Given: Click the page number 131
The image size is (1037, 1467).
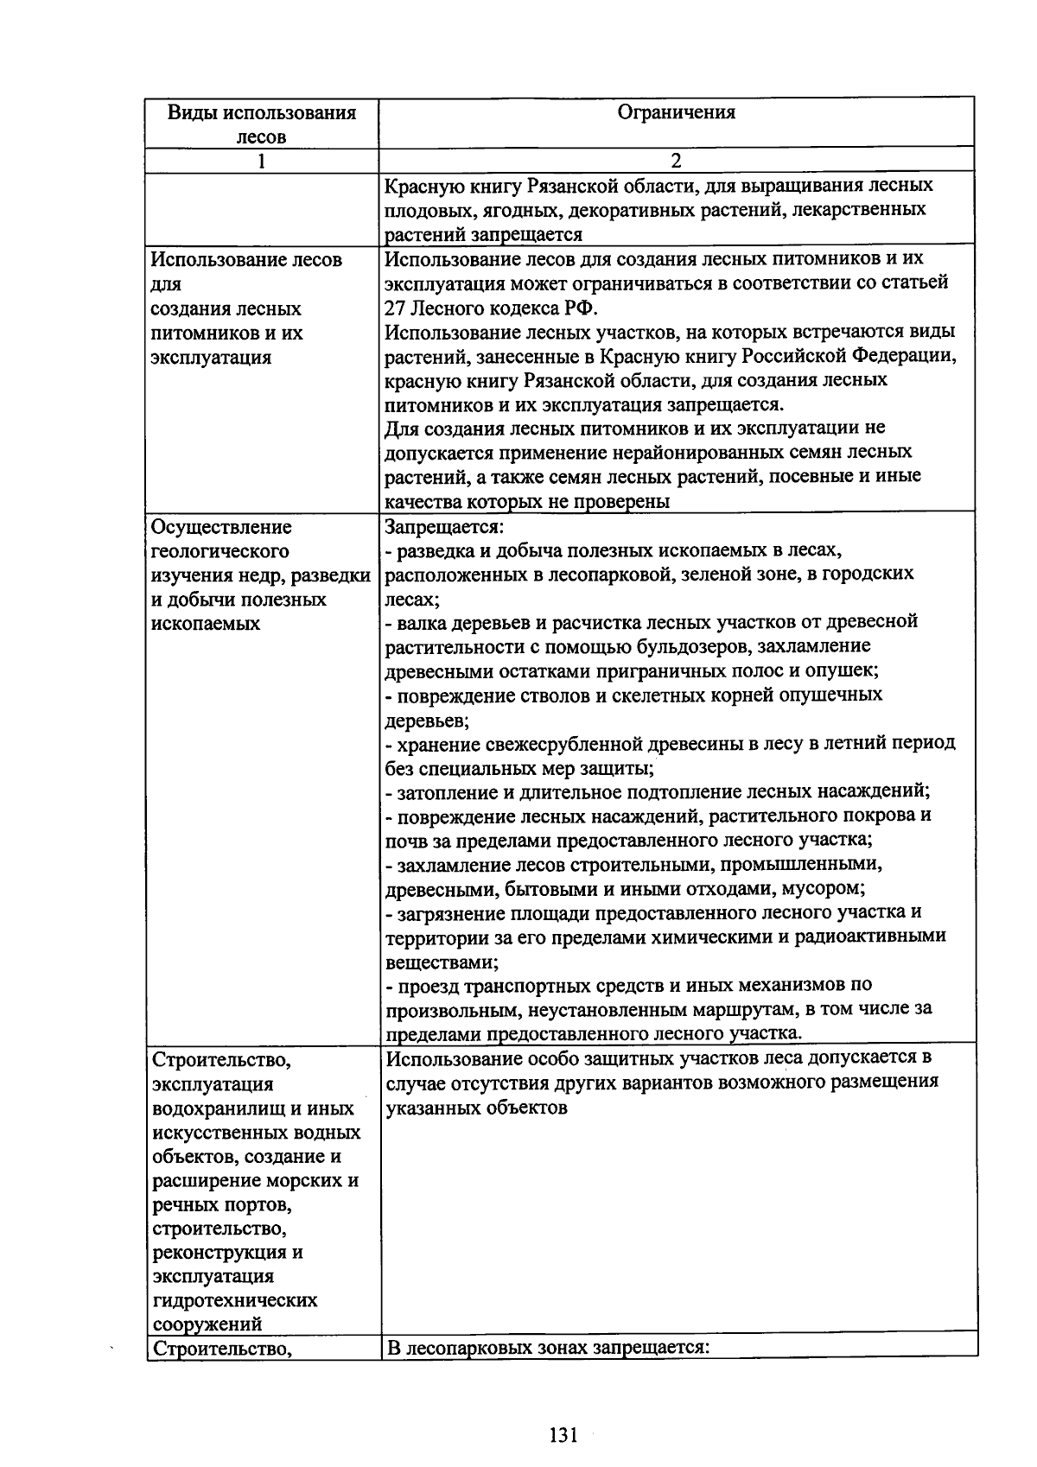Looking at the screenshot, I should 563,1435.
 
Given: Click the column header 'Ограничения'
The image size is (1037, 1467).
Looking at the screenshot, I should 676,112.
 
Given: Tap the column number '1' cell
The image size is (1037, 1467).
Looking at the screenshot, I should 261,161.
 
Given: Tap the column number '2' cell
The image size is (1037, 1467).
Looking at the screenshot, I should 676,161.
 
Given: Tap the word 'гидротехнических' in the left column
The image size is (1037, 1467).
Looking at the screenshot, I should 234,1300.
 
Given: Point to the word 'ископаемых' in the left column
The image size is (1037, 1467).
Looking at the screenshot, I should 206,624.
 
